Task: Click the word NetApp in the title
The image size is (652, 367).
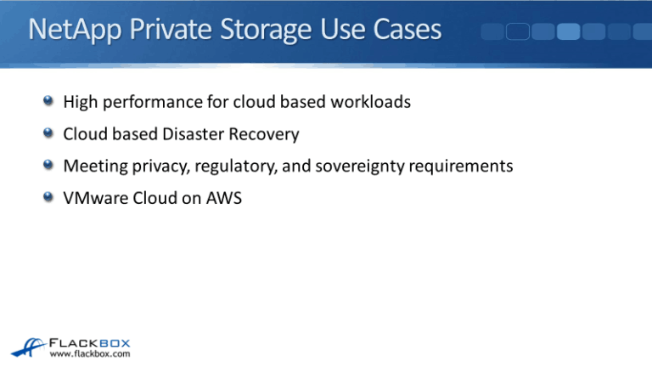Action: pyautogui.click(x=70, y=31)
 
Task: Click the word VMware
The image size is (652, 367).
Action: pyautogui.click(x=93, y=198)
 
